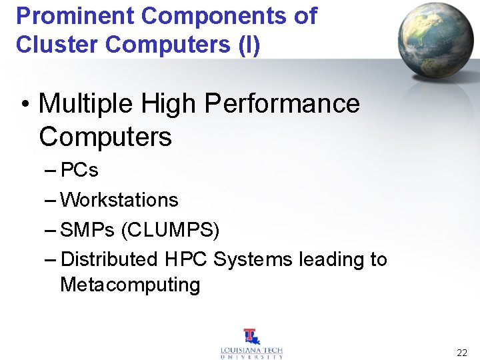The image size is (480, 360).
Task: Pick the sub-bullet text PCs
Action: pos(79,171)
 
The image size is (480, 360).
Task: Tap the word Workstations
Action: pos(119,200)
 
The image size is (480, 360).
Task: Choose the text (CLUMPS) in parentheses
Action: pos(170,230)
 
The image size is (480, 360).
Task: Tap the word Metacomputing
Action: pos(130,285)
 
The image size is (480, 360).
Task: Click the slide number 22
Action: pos(462,353)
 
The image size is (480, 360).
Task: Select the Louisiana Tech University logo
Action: pos(251,344)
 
